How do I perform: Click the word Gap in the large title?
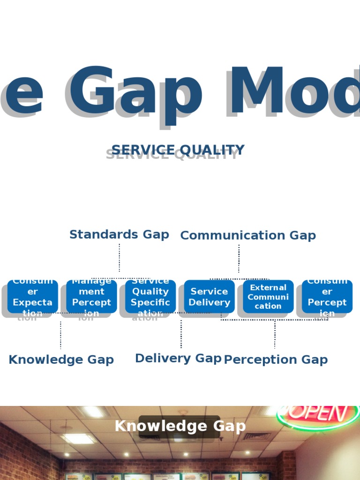click(x=136, y=91)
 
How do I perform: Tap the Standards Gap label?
click(x=119, y=234)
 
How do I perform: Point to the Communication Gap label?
click(x=248, y=235)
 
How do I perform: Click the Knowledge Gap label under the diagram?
click(x=61, y=360)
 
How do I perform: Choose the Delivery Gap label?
click(x=178, y=358)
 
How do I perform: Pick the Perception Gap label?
click(x=276, y=360)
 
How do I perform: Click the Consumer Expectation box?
click(x=33, y=297)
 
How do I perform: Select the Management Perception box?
click(x=91, y=297)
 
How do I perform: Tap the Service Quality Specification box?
click(x=150, y=297)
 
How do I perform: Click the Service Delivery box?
click(x=209, y=297)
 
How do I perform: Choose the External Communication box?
click(x=268, y=297)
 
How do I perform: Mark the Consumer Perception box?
click(x=327, y=297)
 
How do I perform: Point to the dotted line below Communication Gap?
click(x=239, y=258)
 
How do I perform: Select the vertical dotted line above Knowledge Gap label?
click(x=60, y=335)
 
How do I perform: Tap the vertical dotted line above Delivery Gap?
click(x=181, y=334)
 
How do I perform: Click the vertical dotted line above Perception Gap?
click(x=275, y=334)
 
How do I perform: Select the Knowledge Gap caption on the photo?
click(x=180, y=426)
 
